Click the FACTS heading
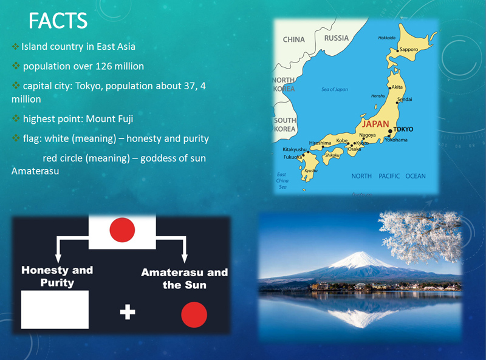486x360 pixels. tap(58, 21)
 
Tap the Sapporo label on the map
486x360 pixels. tap(408, 49)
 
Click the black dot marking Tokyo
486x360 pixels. tap(390, 131)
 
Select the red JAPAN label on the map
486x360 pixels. tap(375, 124)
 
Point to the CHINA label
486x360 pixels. tap(294, 39)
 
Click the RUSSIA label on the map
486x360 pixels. tap(337, 38)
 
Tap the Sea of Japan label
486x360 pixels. tap(335, 89)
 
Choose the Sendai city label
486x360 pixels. tap(405, 100)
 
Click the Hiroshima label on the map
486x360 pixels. tap(320, 143)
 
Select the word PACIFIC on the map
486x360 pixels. tap(389, 176)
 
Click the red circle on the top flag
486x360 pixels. tap(122, 229)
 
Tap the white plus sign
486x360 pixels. tap(128, 311)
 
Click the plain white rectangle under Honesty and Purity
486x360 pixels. tap(55, 310)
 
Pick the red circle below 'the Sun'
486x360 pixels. tap(194, 314)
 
